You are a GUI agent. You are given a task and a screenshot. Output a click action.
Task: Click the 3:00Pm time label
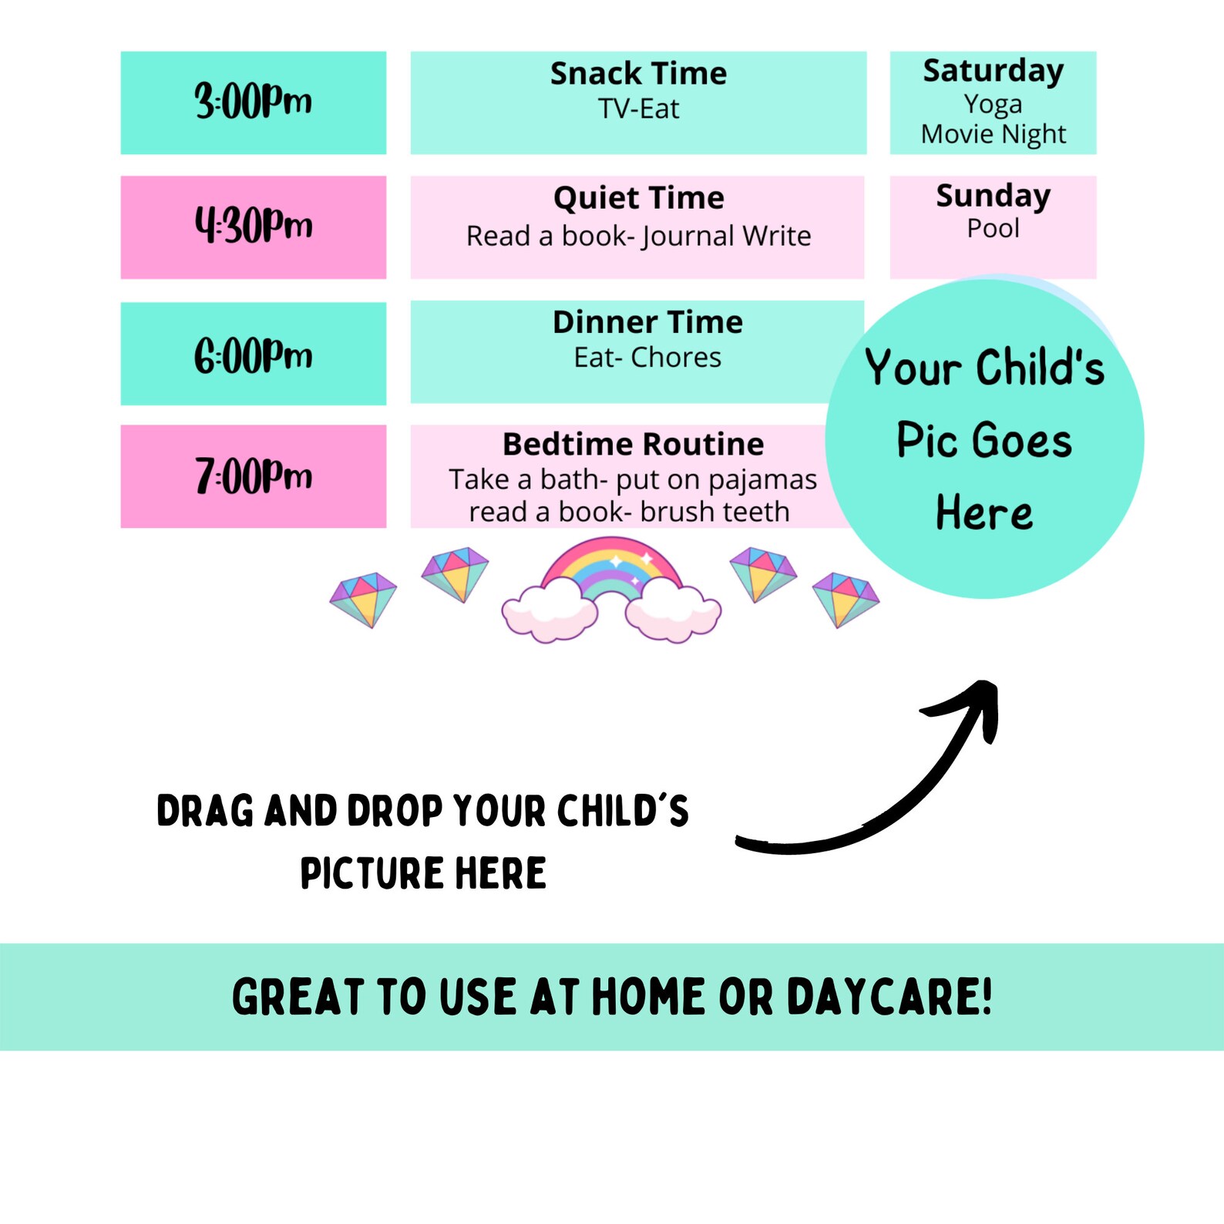[253, 102]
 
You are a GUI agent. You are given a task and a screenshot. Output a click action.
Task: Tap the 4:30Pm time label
[253, 226]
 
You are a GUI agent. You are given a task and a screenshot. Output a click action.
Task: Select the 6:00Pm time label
[253, 355]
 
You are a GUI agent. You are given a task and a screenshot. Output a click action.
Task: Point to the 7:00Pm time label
[253, 476]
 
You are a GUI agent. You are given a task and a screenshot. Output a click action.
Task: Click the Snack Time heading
[638, 74]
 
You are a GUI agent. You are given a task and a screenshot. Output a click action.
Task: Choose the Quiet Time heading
[638, 198]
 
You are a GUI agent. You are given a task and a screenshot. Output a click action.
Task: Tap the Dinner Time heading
[647, 322]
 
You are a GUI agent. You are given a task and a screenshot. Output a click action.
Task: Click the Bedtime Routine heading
[633, 445]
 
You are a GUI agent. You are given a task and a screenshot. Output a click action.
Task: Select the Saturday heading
[993, 71]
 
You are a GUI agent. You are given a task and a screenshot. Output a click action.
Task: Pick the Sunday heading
[993, 196]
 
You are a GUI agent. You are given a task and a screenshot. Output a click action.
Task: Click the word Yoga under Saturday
[993, 104]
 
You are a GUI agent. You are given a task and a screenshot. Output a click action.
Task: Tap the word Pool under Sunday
[993, 228]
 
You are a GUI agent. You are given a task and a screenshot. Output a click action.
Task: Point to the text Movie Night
[993, 135]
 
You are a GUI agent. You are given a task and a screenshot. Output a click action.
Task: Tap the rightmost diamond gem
[846, 599]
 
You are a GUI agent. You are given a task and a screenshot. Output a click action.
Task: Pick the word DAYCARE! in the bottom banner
[889, 997]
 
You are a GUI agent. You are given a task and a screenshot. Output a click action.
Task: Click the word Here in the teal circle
[984, 513]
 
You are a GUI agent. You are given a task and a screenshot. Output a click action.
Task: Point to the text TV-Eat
[638, 109]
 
